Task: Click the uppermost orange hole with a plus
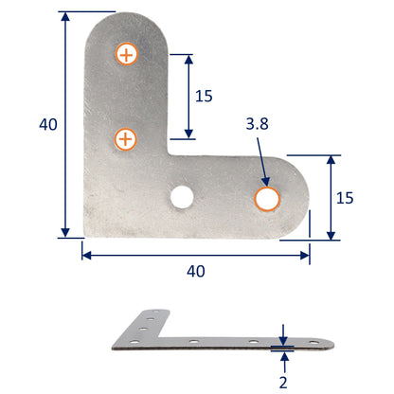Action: [125, 54]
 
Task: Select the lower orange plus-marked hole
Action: [125, 140]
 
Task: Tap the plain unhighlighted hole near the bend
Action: [180, 197]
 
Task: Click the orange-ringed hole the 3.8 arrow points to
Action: [267, 199]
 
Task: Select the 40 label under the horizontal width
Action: [195, 271]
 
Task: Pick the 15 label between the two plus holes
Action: [204, 96]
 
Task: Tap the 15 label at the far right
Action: [345, 197]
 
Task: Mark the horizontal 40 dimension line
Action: [195, 253]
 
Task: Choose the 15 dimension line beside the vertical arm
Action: [188, 95]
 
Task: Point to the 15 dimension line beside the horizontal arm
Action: [331, 197]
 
